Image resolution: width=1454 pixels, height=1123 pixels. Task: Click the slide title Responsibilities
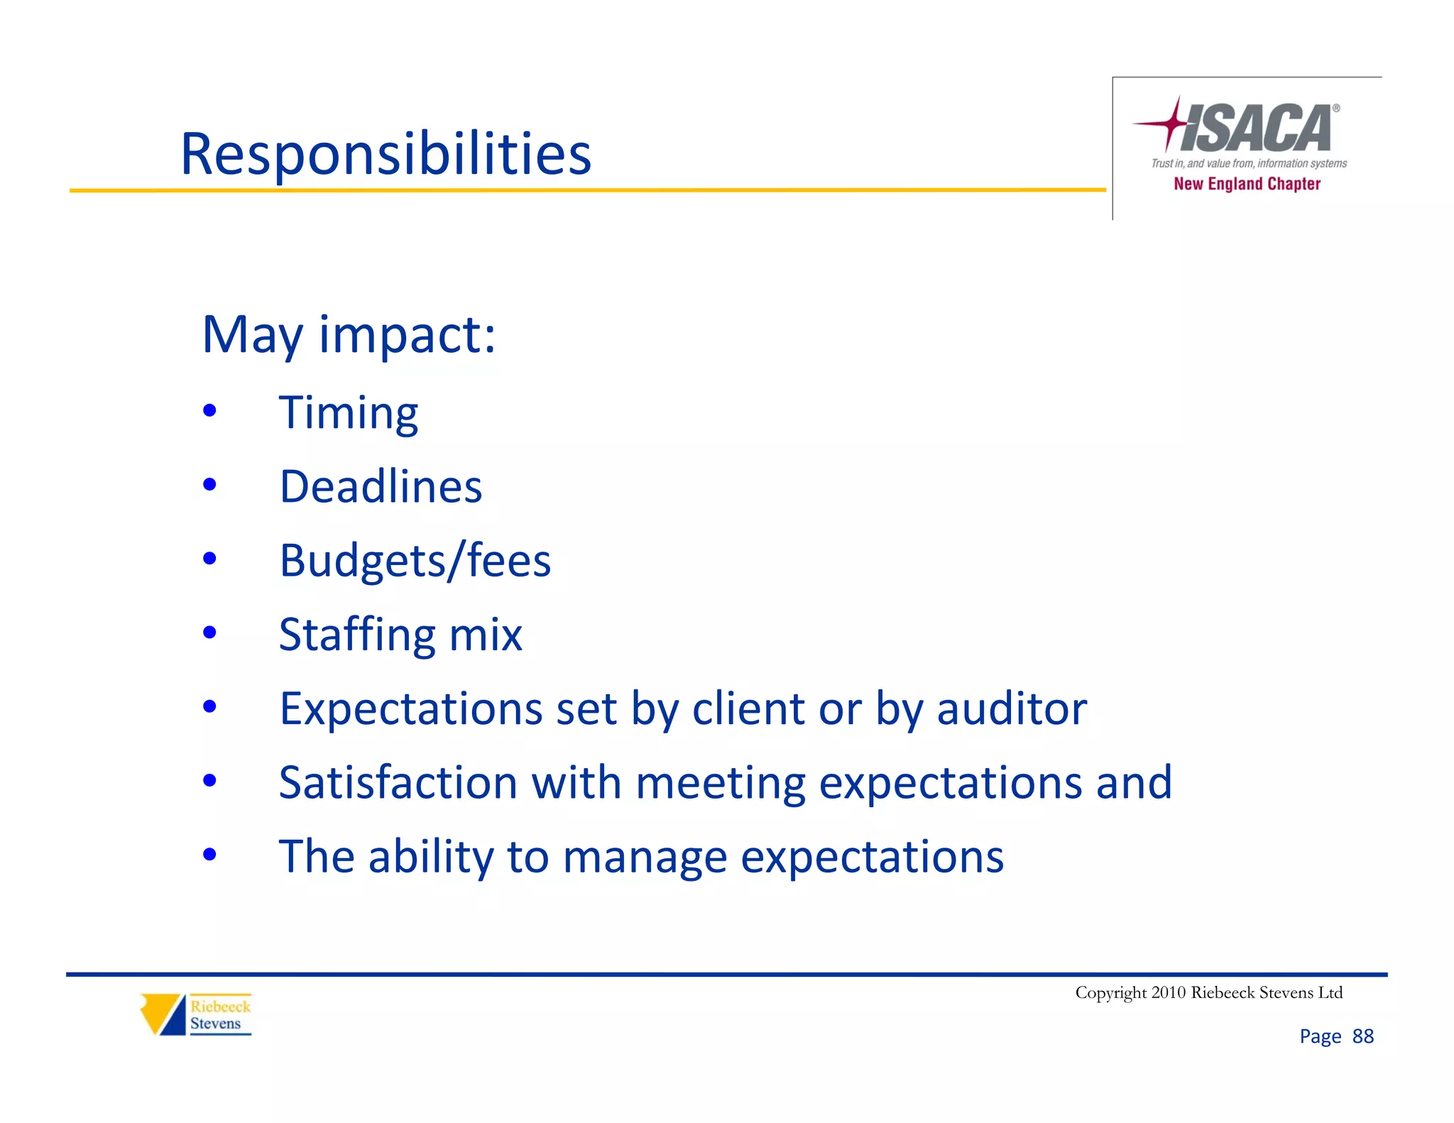pyautogui.click(x=386, y=154)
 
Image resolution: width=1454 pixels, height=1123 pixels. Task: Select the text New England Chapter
pyautogui.click(x=1247, y=184)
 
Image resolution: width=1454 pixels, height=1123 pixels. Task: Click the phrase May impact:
pyautogui.click(x=349, y=334)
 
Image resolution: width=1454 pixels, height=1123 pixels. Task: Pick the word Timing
pyautogui.click(x=349, y=413)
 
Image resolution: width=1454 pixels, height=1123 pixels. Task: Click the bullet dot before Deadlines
pyautogui.click(x=209, y=485)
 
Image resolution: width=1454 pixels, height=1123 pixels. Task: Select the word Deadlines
pyautogui.click(x=381, y=487)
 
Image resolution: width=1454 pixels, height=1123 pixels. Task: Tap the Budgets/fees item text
pyautogui.click(x=415, y=561)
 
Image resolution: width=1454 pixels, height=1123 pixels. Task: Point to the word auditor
pyautogui.click(x=1012, y=708)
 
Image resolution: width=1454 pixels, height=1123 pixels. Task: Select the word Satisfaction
pyautogui.click(x=398, y=782)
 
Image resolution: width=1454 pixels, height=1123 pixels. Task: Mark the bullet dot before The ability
pyautogui.click(x=209, y=855)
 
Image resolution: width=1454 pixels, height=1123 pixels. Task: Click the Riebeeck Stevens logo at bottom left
pyautogui.click(x=196, y=1014)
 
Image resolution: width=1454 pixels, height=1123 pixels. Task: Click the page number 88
pyautogui.click(x=1362, y=1036)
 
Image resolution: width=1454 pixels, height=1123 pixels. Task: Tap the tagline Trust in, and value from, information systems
pyautogui.click(x=1249, y=163)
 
